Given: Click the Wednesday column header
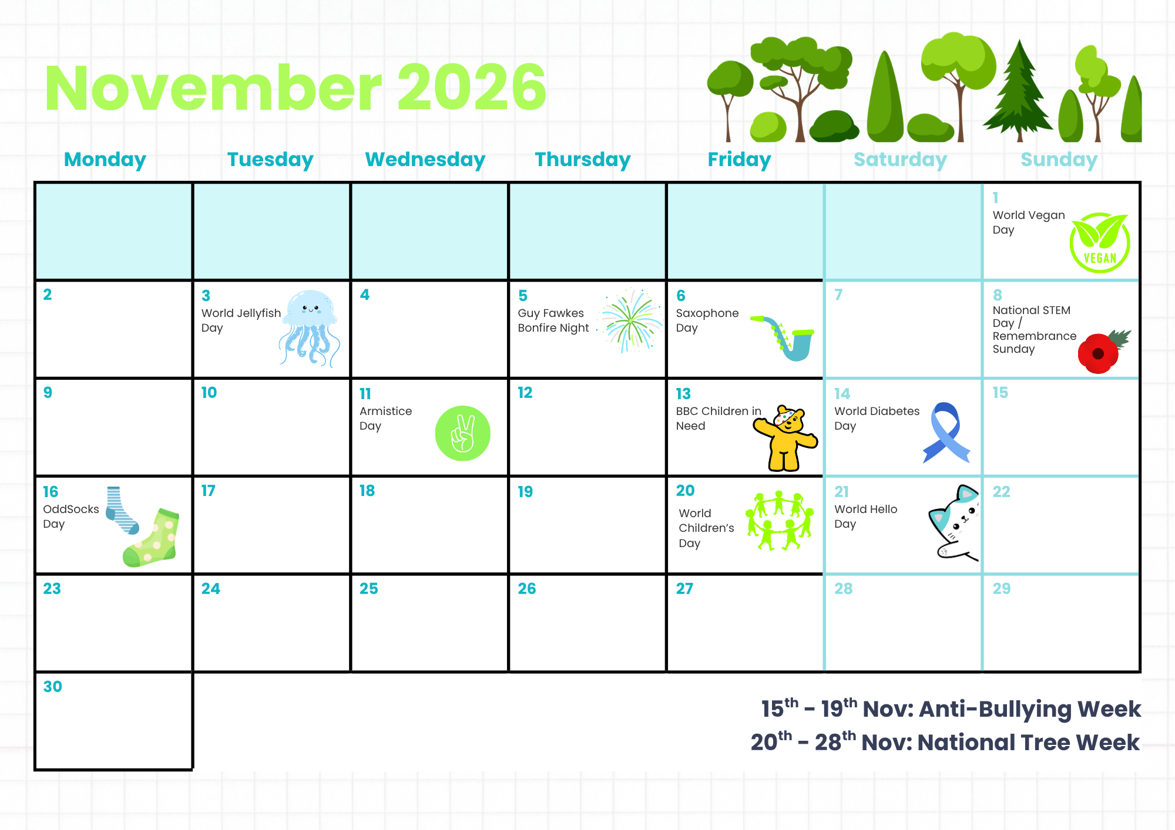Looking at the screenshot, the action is [425, 160].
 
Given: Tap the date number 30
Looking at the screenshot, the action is [52, 686].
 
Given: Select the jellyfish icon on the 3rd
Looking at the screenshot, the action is [310, 328].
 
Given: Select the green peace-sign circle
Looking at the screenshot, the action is [463, 433].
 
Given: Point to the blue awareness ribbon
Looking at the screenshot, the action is [946, 433].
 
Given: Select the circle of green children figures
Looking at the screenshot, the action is [780, 521].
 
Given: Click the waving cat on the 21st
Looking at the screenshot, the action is [955, 522].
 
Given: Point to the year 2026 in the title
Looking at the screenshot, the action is [472, 88].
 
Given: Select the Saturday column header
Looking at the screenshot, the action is [900, 160].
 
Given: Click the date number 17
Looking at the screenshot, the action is [209, 491].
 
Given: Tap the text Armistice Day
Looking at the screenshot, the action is [385, 419].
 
